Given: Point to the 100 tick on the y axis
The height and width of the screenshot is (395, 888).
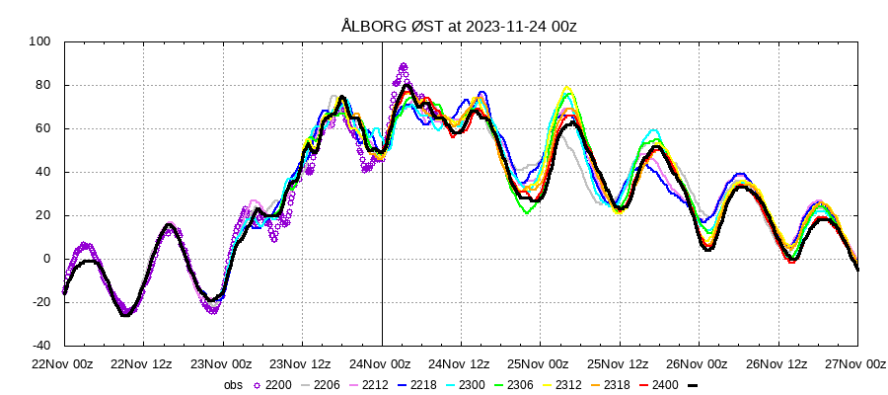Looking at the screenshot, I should (x=38, y=41).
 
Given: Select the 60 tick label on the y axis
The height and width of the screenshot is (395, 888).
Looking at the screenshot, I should (x=42, y=128).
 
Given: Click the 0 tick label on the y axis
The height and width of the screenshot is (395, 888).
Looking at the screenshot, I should (x=46, y=259).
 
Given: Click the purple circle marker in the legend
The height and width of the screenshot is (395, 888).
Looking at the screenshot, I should (x=259, y=386).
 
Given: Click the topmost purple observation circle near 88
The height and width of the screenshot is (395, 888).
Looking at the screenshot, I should (x=403, y=66).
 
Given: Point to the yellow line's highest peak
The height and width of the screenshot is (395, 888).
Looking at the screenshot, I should (x=566, y=89).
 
